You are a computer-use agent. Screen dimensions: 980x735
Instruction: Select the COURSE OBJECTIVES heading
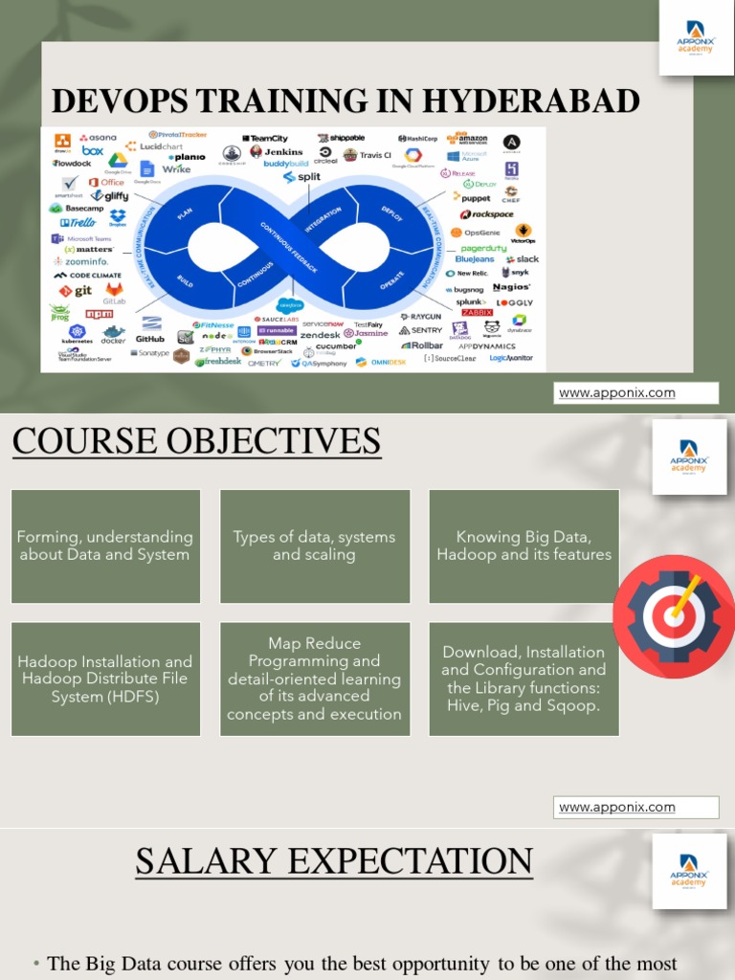[x=196, y=441]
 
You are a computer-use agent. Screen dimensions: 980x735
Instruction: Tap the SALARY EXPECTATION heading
[x=333, y=861]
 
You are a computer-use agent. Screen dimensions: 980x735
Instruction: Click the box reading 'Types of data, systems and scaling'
[x=314, y=546]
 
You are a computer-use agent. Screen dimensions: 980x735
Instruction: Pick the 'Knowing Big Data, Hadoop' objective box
[x=523, y=546]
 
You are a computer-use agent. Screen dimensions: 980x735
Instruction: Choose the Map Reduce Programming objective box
[x=314, y=679]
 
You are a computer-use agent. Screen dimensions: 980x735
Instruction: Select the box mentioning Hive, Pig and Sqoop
[x=523, y=679]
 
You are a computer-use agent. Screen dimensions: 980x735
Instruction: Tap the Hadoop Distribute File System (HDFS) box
[x=105, y=679]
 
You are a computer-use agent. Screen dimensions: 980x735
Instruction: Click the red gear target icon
[x=673, y=610]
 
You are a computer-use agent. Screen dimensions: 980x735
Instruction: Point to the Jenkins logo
[x=277, y=151]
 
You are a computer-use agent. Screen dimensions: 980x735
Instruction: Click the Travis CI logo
[x=367, y=155]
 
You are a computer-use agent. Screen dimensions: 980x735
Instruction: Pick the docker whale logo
[x=113, y=334]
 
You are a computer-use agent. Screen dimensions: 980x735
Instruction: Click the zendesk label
[x=320, y=336]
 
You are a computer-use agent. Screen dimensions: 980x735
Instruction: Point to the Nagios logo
[x=511, y=287]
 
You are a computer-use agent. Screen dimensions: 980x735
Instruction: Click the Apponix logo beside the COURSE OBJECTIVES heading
[x=689, y=456]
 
